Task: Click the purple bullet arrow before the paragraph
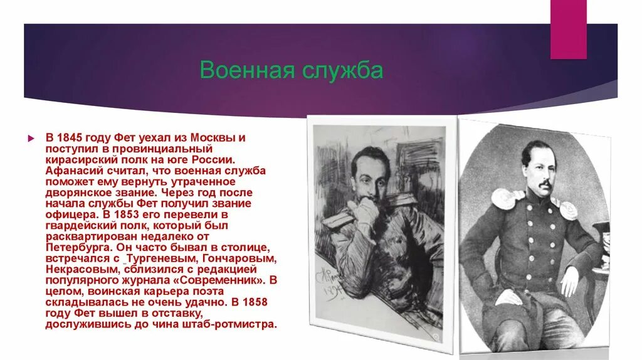pyautogui.click(x=30, y=137)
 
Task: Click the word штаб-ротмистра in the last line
pyautogui.click(x=234, y=326)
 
